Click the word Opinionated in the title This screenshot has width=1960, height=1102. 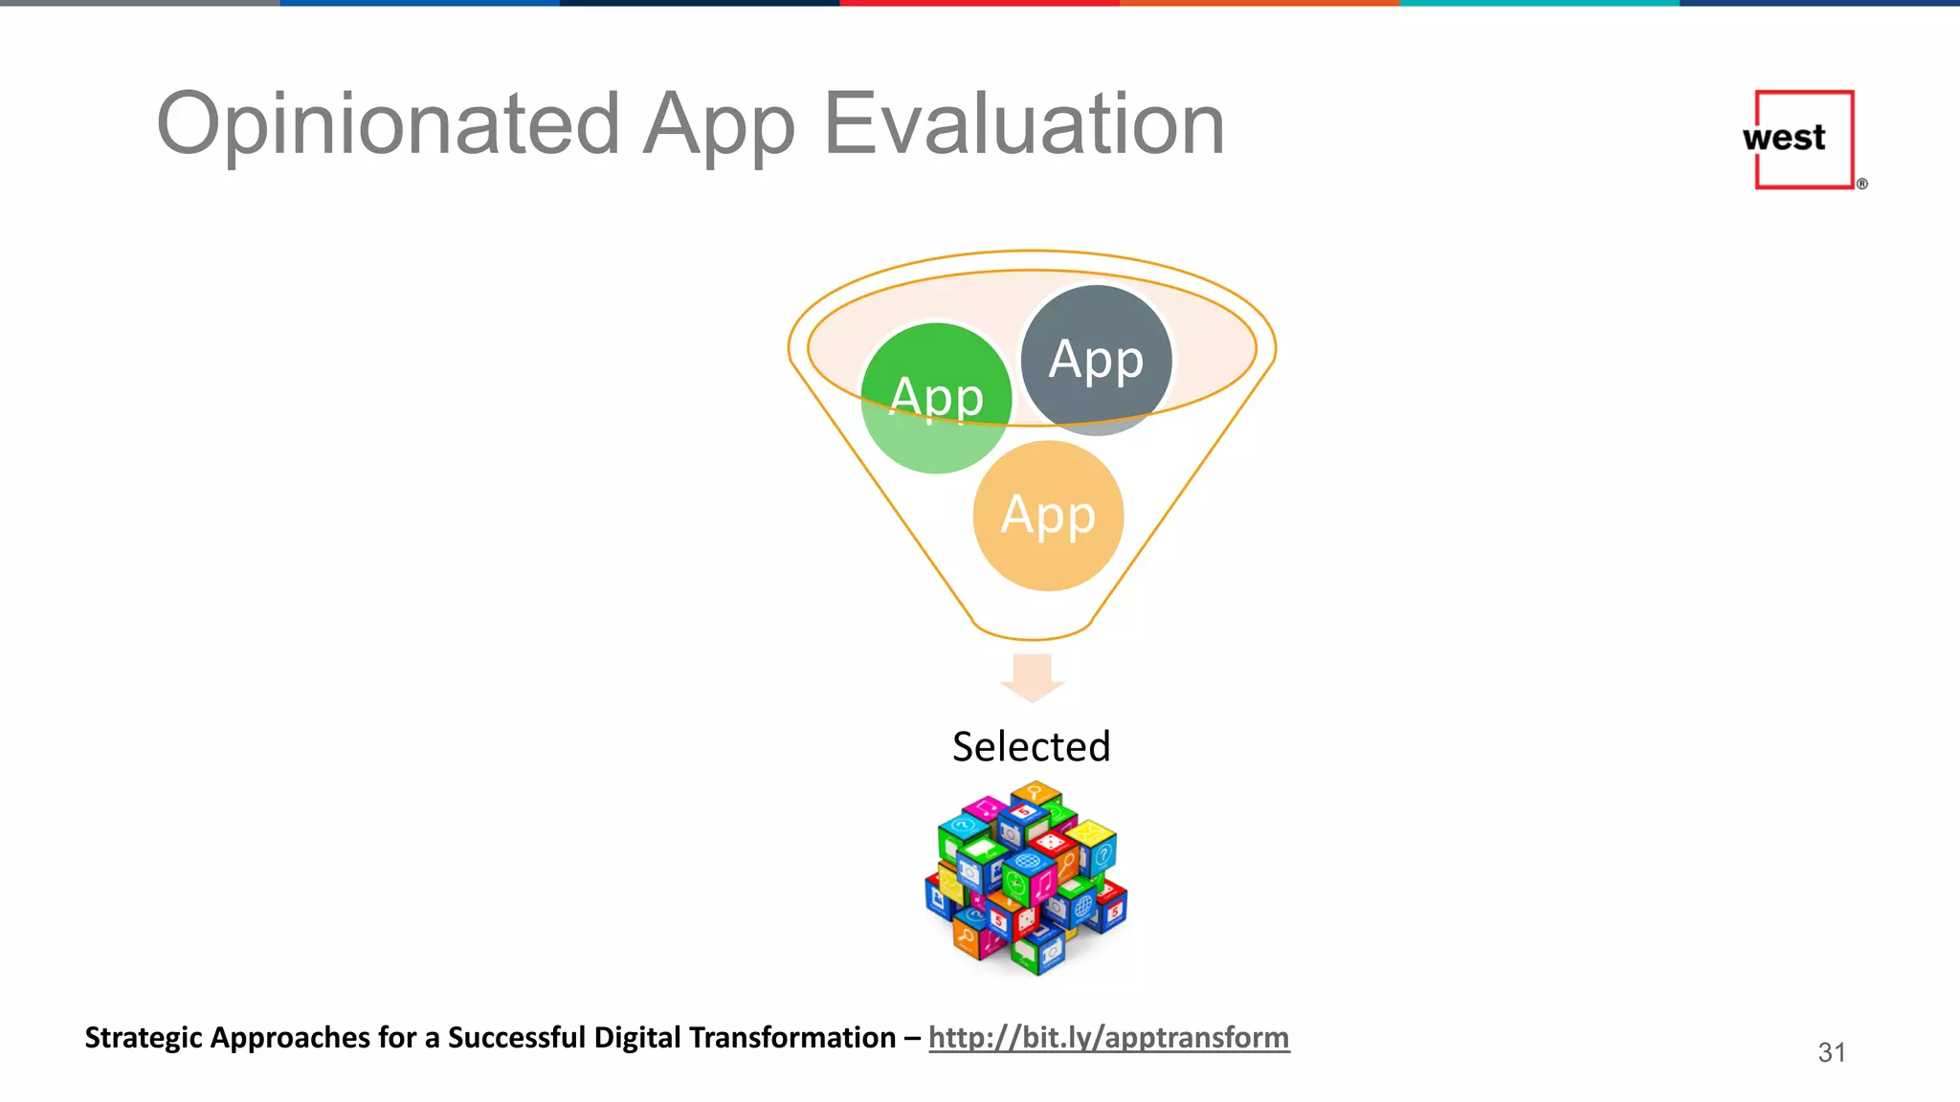point(388,124)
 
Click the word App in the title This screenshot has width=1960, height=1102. point(718,126)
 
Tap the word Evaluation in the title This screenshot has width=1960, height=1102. point(1024,124)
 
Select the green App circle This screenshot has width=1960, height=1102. point(935,398)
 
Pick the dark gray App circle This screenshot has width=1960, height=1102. point(1096,360)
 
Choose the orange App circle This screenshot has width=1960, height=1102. point(1048,516)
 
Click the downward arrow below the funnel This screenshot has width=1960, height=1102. point(1032,677)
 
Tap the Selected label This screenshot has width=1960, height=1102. point(1031,746)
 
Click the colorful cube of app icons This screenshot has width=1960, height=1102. point(1027,878)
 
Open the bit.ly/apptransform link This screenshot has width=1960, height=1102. point(1108,1037)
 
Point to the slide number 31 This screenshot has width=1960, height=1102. point(1831,1052)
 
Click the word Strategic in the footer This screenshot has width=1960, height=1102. point(144,1038)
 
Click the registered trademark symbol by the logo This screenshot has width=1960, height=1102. point(1861,184)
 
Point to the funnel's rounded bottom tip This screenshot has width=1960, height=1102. point(1032,635)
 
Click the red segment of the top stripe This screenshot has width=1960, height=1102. point(979,3)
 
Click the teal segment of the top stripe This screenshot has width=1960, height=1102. point(1539,3)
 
